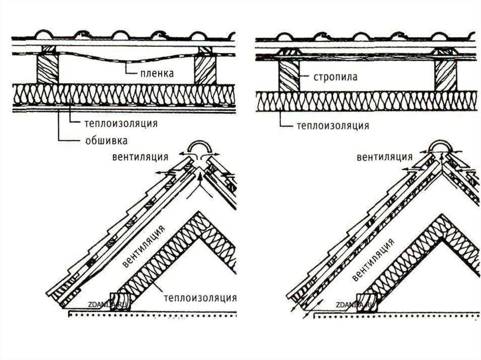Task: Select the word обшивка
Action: pyautogui.click(x=107, y=140)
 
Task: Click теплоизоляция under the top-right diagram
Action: pyautogui.click(x=332, y=126)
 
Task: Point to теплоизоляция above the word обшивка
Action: pyautogui.click(x=121, y=123)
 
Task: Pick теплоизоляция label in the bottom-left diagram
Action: pyautogui.click(x=200, y=297)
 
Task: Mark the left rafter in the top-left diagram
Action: pyautogui.click(x=48, y=68)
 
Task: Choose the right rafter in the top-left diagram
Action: pyautogui.click(x=206, y=68)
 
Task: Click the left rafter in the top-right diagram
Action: pyautogui.click(x=288, y=75)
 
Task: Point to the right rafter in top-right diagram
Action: pyautogui.click(x=445, y=75)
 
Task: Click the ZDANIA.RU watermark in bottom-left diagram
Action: pyautogui.click(x=107, y=305)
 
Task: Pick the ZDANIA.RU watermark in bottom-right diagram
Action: pyautogui.click(x=355, y=305)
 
